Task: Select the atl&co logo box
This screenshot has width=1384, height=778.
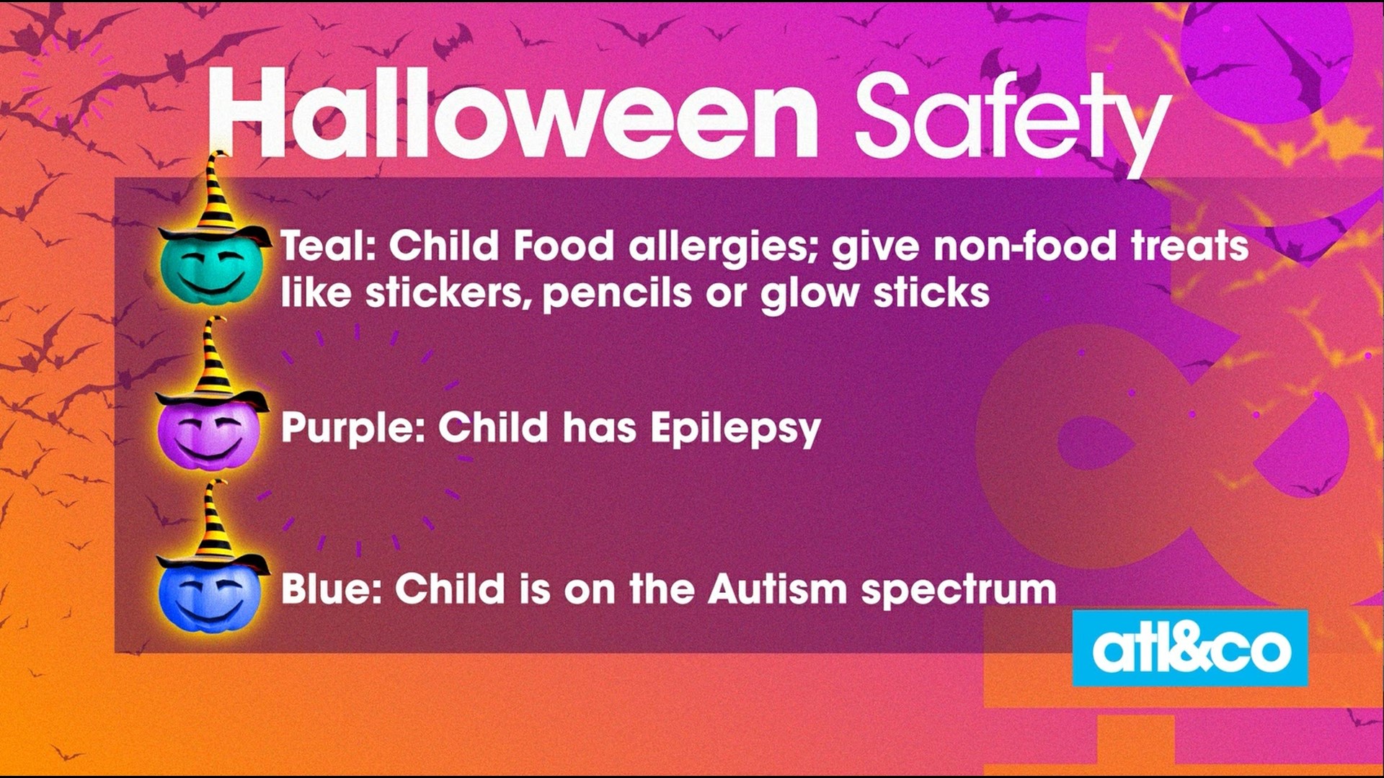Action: pos(1190,648)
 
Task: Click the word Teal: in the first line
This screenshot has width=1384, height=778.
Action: pos(329,246)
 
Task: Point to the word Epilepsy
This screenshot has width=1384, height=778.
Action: pos(735,429)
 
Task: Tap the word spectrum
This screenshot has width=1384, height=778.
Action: pos(959,591)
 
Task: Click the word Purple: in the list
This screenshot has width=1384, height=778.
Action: pos(353,429)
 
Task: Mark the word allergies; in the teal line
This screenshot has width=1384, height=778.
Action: pos(725,248)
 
